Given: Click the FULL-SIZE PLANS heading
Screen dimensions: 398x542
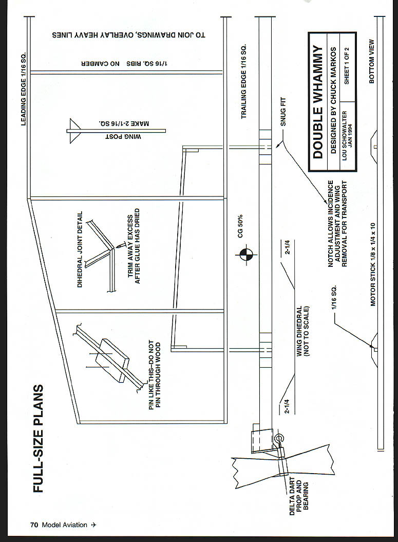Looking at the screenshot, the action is click(39, 438).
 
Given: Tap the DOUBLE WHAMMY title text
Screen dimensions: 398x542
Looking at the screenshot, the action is click(317, 102).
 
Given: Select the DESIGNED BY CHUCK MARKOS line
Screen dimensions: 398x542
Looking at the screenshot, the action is click(333, 100).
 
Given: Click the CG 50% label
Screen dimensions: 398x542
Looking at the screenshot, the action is click(240, 226).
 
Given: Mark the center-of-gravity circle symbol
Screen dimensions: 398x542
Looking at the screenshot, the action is click(246, 256).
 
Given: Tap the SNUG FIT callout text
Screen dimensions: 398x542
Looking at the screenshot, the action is click(283, 112).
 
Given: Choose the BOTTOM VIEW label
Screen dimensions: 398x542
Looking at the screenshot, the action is click(372, 62).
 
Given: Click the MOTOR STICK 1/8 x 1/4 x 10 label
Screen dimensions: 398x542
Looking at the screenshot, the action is click(373, 264).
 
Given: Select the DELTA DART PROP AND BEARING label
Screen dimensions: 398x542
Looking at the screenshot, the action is click(299, 497).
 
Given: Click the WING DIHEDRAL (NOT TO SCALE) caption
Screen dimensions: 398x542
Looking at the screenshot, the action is click(302, 331).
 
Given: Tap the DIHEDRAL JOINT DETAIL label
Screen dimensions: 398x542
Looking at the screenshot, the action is click(80, 249).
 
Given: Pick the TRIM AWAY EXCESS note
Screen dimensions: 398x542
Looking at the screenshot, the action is click(134, 246).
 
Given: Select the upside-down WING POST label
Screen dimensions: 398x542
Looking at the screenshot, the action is click(123, 137).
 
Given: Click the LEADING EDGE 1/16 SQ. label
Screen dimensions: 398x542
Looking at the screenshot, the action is click(24, 89).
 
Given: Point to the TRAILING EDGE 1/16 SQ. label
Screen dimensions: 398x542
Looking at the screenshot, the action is click(244, 82).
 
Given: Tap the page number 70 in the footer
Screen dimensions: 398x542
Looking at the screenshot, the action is click(34, 525).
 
